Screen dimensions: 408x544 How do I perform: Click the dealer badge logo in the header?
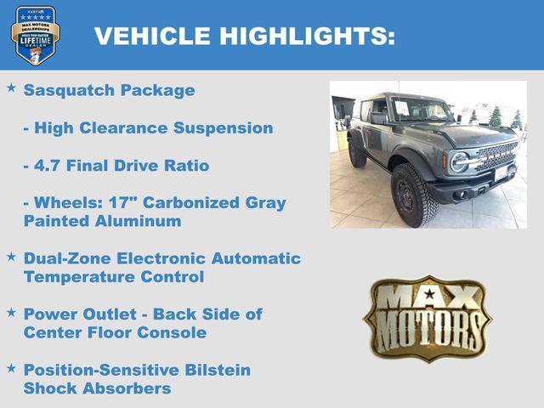(35, 35)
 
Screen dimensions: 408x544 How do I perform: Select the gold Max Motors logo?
(428, 318)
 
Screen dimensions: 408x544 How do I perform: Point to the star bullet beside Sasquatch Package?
(11, 88)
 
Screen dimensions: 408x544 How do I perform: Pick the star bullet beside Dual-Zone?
(11, 256)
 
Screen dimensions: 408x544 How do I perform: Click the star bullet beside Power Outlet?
(11, 312)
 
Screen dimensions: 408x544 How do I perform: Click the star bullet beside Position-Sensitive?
(11, 367)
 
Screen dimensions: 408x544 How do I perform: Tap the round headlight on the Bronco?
(459, 161)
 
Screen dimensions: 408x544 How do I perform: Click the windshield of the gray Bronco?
(422, 110)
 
